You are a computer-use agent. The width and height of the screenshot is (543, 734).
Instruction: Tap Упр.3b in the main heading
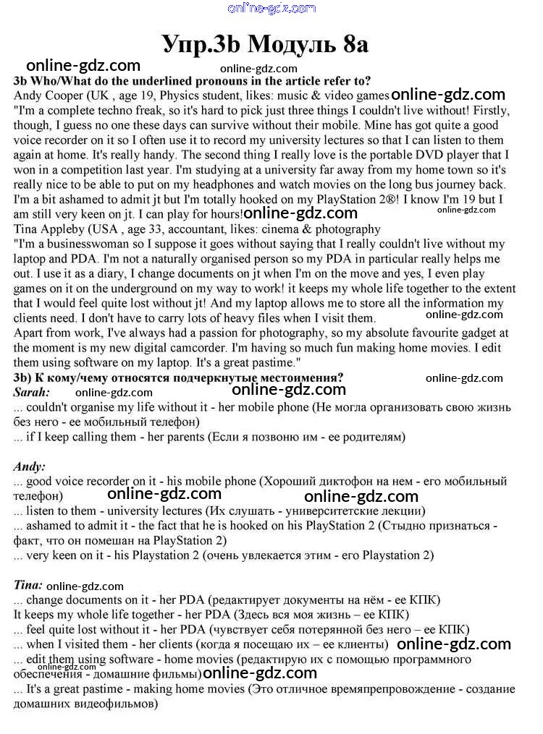coord(201,45)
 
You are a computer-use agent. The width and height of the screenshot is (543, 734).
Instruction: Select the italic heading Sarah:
coord(33,392)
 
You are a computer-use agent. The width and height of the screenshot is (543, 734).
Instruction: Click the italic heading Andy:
coord(30,466)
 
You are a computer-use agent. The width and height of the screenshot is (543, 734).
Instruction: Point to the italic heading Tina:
coord(29,584)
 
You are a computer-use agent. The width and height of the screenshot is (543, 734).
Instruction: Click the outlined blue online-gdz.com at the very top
coord(271,9)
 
